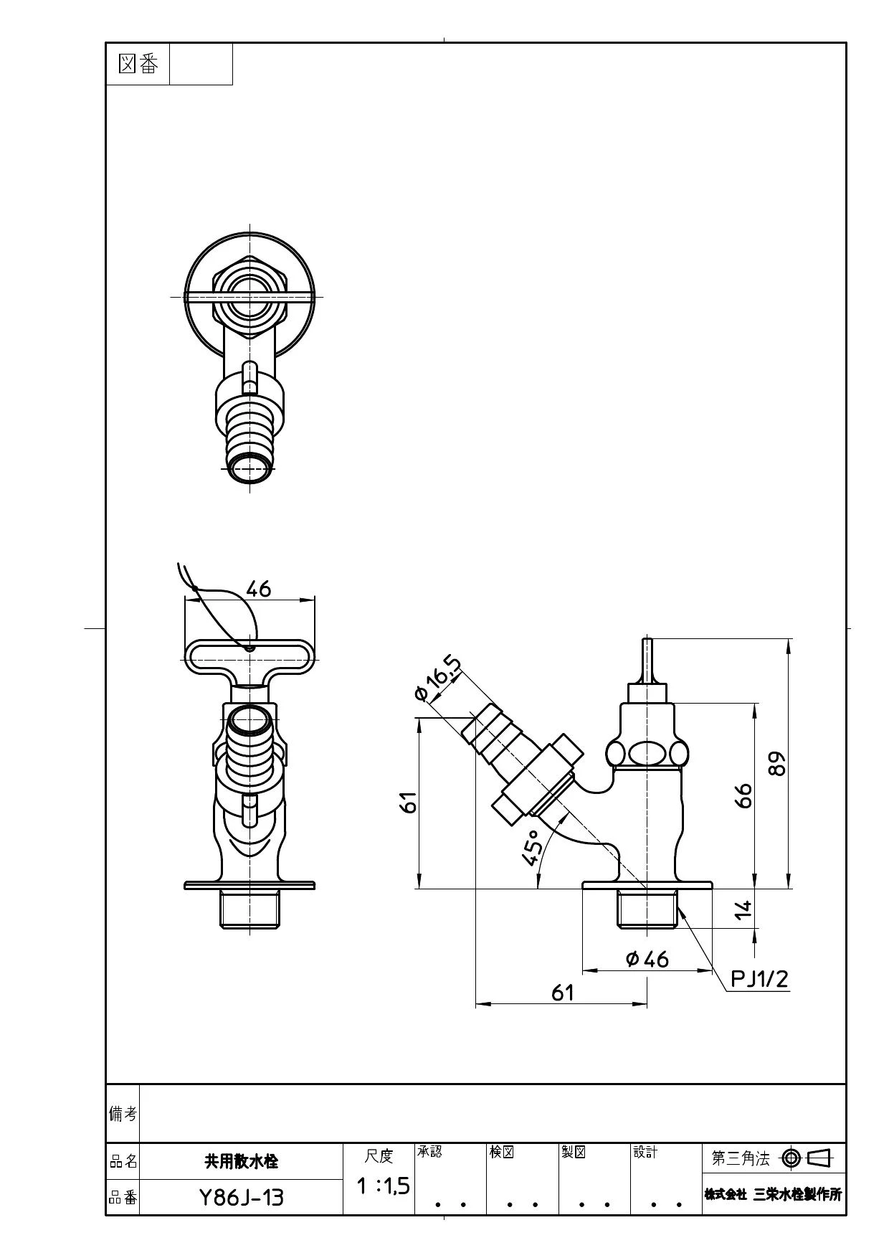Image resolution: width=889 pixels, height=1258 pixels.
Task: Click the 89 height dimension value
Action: [777, 763]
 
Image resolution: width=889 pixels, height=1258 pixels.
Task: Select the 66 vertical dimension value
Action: [744, 795]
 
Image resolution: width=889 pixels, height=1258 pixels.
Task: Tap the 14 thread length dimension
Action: [744, 909]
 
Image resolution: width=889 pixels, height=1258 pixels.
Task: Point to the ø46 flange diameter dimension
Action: [647, 959]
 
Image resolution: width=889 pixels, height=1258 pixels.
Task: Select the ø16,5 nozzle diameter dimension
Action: [438, 678]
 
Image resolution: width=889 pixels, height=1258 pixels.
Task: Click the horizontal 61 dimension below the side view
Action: [563, 992]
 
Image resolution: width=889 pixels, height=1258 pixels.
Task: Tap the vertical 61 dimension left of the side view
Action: [407, 803]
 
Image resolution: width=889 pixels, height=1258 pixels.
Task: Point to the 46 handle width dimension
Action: [258, 589]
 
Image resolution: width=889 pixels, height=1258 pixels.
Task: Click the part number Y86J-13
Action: [241, 1197]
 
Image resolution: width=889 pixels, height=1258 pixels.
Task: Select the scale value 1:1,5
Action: [384, 1186]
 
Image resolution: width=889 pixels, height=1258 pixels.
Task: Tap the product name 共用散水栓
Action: [241, 1160]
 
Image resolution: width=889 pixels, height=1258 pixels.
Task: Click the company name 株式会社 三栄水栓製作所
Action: [773, 1194]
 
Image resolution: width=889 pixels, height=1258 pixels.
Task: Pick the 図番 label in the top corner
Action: [138, 64]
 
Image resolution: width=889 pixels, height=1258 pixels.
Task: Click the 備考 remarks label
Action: [123, 1113]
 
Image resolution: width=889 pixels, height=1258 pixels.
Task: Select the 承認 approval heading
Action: [429, 1151]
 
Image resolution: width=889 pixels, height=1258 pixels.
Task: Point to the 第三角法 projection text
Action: [740, 1158]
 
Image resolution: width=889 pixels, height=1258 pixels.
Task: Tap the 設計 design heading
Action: [645, 1151]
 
